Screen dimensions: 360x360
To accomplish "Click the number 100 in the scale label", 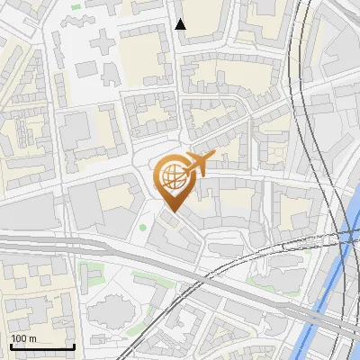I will click(19, 338).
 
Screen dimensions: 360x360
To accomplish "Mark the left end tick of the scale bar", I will click(10, 345).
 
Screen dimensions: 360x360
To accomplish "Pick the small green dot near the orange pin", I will click(142, 226).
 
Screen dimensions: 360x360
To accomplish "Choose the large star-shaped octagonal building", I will click(113, 311).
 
